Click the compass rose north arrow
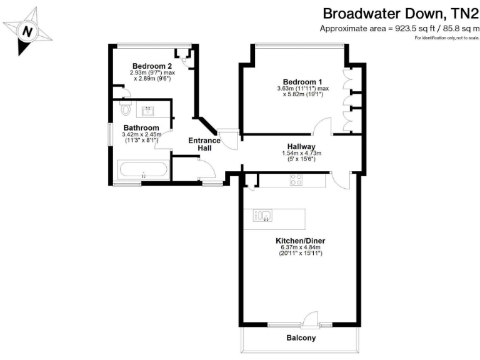26,31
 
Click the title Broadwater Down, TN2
399,14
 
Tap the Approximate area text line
399,29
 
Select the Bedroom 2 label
152,66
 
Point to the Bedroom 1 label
302,82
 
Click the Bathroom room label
136,127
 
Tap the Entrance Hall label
204,144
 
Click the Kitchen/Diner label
300,241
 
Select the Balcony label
301,338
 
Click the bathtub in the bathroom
142,170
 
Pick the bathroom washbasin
149,112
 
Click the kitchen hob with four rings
296,180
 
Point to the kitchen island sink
262,216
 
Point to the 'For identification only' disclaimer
446,38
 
